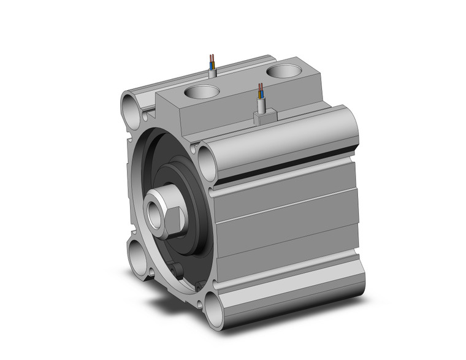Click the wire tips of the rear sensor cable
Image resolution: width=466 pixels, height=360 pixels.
coord(212,59)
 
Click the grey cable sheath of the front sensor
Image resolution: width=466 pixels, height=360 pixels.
coord(262,107)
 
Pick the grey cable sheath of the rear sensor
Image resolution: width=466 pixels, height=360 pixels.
coord(213,72)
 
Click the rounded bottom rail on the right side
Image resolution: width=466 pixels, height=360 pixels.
coord(288,294)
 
